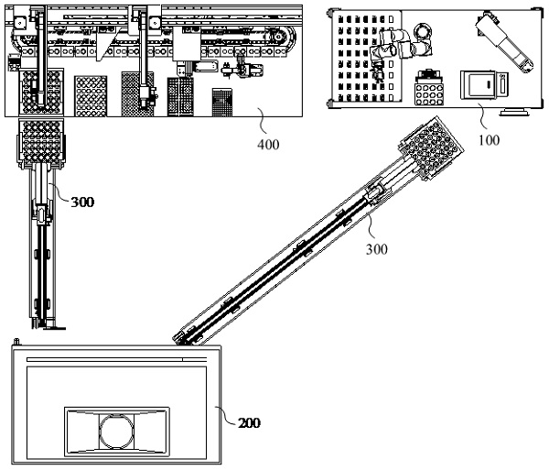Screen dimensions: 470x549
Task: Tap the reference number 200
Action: tap(249, 423)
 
